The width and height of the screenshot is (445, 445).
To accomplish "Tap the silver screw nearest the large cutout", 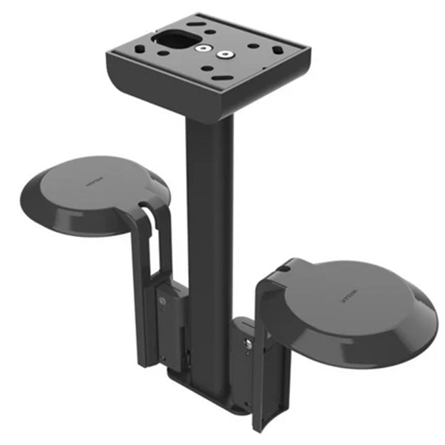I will (x=204, y=49).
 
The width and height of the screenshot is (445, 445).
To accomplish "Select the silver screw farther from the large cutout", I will (x=227, y=54).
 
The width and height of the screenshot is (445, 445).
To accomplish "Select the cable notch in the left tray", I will (x=145, y=209).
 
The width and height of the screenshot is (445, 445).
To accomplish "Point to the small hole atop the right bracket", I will (x=283, y=269).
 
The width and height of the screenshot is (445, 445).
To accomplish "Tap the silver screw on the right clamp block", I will (x=247, y=345).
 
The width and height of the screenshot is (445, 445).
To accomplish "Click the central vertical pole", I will (x=209, y=214).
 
